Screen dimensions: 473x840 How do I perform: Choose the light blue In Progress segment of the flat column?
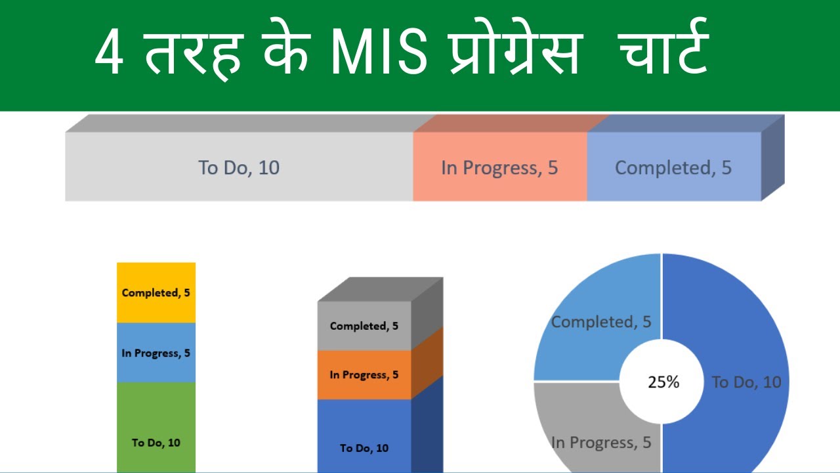pos(156,368)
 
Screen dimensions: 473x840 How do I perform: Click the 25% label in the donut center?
pos(663,382)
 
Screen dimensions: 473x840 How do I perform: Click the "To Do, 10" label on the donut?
pos(747,382)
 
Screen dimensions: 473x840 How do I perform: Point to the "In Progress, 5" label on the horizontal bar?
pos(499,168)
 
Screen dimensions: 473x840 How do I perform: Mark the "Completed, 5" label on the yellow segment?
pos(156,293)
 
